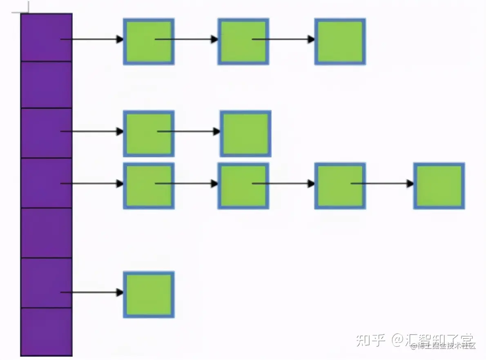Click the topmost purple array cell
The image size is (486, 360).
[46, 38]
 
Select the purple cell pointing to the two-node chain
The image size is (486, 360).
[46, 133]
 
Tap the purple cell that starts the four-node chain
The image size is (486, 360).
[46, 183]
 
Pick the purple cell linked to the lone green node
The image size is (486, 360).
[46, 283]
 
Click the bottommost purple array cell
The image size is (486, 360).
[46, 331]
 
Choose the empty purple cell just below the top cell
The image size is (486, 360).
[46, 84]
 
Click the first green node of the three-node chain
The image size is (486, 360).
[149, 41]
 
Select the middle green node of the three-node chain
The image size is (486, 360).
[243, 41]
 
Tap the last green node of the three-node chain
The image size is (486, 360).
[340, 41]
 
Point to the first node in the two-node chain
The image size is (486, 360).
[149, 133]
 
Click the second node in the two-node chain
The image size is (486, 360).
[245, 133]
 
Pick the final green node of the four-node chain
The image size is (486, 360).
[439, 186]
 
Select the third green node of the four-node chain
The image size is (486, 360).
[340, 186]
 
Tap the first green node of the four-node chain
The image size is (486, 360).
[149, 186]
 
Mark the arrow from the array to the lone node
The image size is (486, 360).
[92, 292]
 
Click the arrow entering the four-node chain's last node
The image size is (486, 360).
[382, 184]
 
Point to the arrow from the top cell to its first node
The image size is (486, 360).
[92, 40]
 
